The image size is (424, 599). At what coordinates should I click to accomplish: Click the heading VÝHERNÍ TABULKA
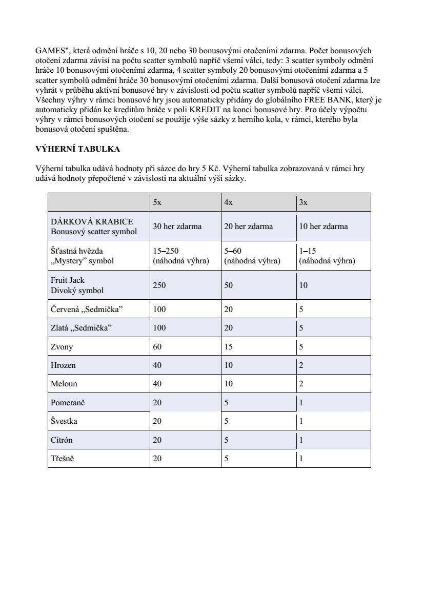(x=77, y=149)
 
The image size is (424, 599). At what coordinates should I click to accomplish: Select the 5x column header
(x=157, y=202)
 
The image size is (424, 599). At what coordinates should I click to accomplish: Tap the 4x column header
(x=229, y=202)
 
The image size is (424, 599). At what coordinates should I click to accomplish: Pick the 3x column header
(x=303, y=202)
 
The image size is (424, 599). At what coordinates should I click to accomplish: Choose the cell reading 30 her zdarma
(x=177, y=226)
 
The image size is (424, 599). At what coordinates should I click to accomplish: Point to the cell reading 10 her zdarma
(x=324, y=226)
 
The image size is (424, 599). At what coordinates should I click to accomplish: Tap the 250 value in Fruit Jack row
(x=159, y=285)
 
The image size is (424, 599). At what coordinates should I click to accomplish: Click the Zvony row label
(x=62, y=347)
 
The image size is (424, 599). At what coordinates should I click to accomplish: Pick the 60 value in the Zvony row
(x=157, y=347)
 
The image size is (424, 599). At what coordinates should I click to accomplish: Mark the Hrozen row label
(x=63, y=365)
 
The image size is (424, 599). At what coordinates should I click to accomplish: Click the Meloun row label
(x=64, y=384)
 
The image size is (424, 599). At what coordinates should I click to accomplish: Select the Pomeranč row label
(x=68, y=403)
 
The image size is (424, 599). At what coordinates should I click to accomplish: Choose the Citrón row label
(x=62, y=440)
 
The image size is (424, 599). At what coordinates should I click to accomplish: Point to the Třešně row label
(x=63, y=459)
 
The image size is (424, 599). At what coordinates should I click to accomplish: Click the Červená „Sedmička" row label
(x=87, y=309)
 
